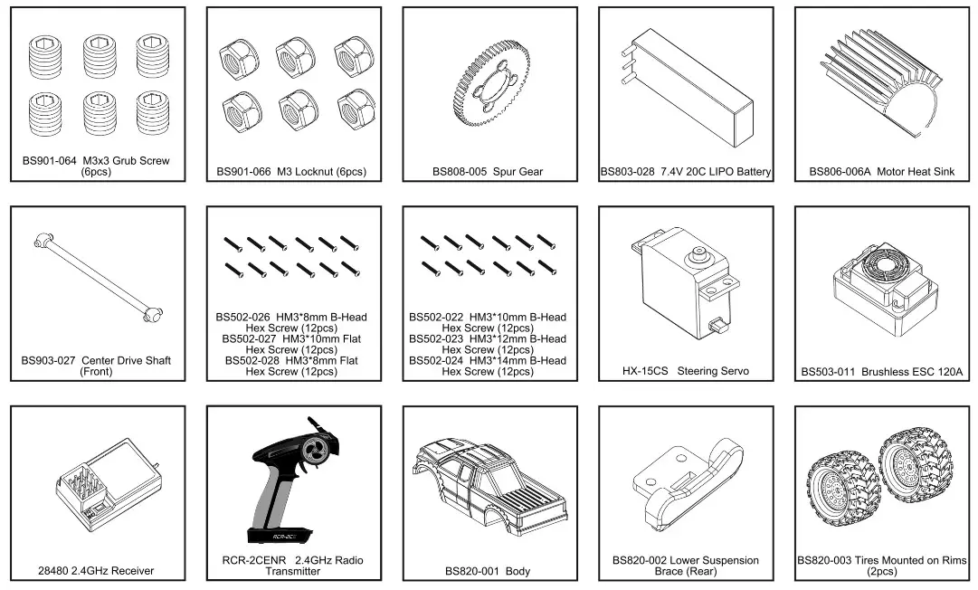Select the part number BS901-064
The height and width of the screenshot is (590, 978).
click(50, 161)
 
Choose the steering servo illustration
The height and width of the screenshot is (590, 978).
click(688, 290)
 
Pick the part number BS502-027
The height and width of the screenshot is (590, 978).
click(249, 338)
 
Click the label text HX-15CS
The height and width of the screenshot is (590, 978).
click(645, 371)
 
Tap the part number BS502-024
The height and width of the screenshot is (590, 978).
click(435, 360)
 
